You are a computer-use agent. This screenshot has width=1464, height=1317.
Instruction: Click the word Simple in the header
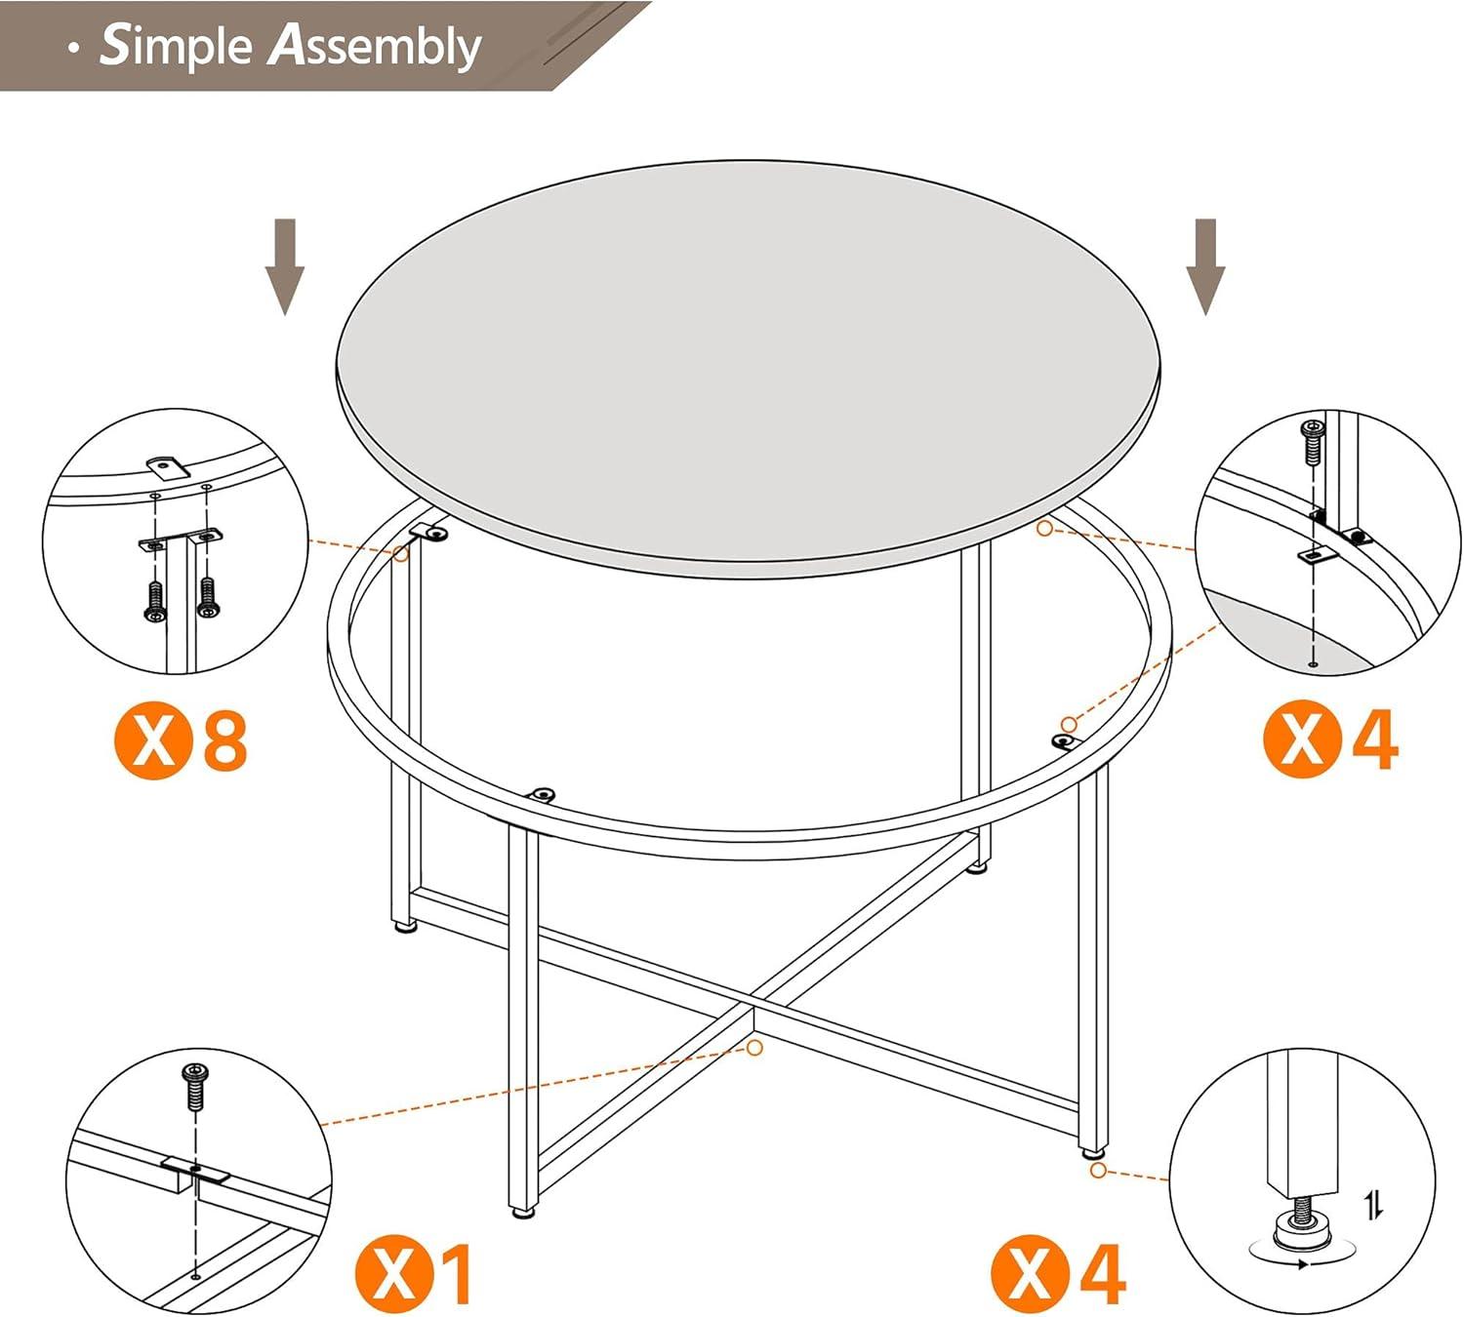(x=176, y=46)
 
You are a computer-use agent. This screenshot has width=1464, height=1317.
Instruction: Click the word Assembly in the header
(x=376, y=46)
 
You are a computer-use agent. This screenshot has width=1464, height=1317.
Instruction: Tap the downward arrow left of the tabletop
(x=285, y=266)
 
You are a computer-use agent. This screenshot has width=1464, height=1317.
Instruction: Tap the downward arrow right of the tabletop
(x=1206, y=266)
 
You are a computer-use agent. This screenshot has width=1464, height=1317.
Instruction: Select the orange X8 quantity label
(x=182, y=741)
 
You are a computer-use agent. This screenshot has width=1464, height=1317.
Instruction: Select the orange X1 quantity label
(x=415, y=1274)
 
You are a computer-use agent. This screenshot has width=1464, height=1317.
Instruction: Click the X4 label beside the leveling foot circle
(x=1059, y=1272)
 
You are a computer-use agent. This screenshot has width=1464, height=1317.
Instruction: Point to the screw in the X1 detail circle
(x=195, y=1086)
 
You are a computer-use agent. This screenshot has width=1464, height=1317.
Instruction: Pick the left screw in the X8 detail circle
(x=154, y=601)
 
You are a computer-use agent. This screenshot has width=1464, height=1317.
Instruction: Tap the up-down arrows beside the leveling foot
(x=1374, y=1206)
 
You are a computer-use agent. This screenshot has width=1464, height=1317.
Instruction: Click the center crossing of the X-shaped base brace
(x=752, y=1005)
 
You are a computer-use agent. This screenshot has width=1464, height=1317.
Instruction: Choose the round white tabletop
(x=747, y=366)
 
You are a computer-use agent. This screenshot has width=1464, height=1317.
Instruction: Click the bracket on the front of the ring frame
(x=542, y=794)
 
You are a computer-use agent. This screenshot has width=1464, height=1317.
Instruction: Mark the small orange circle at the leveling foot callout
(x=1098, y=1170)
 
